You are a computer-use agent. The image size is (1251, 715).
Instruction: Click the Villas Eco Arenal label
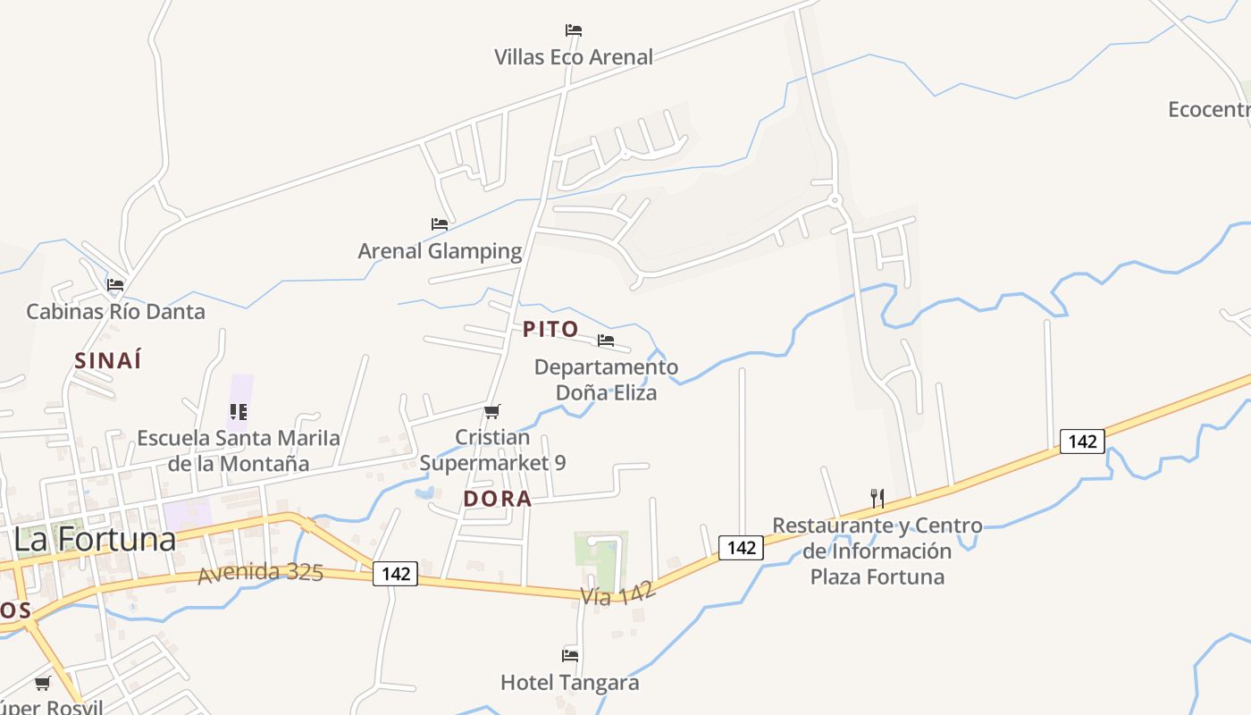[574, 57]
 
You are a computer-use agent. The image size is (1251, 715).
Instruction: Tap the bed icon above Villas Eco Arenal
[574, 30]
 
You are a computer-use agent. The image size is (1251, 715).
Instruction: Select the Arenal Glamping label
[440, 251]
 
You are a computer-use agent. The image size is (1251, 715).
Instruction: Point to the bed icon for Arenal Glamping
[439, 224]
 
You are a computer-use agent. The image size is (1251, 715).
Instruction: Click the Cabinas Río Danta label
[115, 312]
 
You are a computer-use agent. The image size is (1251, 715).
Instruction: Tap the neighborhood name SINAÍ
[108, 361]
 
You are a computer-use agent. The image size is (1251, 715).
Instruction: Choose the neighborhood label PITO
[550, 329]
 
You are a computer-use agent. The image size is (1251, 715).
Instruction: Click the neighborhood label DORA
[498, 499]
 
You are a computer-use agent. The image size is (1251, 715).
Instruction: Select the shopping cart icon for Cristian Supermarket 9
[491, 411]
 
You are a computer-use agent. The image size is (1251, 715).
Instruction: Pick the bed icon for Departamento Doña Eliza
[606, 341]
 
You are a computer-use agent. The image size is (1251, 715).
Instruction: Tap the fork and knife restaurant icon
[877, 498]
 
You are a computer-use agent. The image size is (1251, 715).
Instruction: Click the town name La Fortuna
[95, 540]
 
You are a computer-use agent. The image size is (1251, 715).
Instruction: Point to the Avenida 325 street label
[260, 572]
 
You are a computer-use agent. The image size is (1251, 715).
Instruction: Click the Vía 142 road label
[618, 591]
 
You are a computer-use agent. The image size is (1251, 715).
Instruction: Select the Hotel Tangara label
[569, 683]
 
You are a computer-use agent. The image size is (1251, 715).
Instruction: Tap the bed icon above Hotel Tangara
[570, 656]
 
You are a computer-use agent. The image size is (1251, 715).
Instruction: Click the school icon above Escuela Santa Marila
[238, 412]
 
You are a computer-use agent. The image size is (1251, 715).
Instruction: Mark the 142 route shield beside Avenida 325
[395, 574]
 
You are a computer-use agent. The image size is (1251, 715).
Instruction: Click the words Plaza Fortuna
[877, 576]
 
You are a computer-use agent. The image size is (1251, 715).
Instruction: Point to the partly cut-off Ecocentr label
[1209, 110]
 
